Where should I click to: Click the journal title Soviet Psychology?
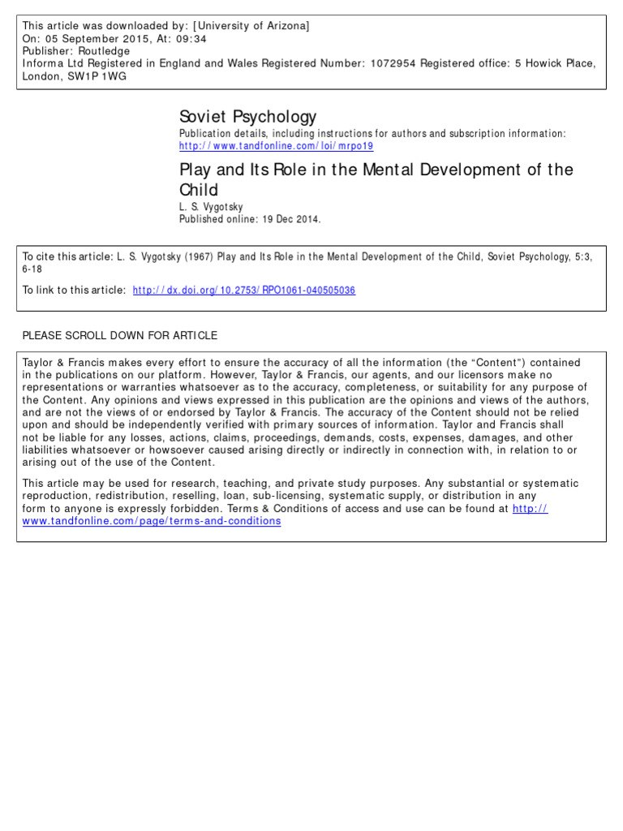point(247,117)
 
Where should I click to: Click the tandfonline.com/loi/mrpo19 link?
point(276,146)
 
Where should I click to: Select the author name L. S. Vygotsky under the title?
point(210,208)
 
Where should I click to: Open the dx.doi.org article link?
point(243,290)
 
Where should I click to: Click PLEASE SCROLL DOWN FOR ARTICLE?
point(119,335)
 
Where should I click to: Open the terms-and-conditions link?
point(152,521)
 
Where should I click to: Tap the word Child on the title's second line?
point(199,191)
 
